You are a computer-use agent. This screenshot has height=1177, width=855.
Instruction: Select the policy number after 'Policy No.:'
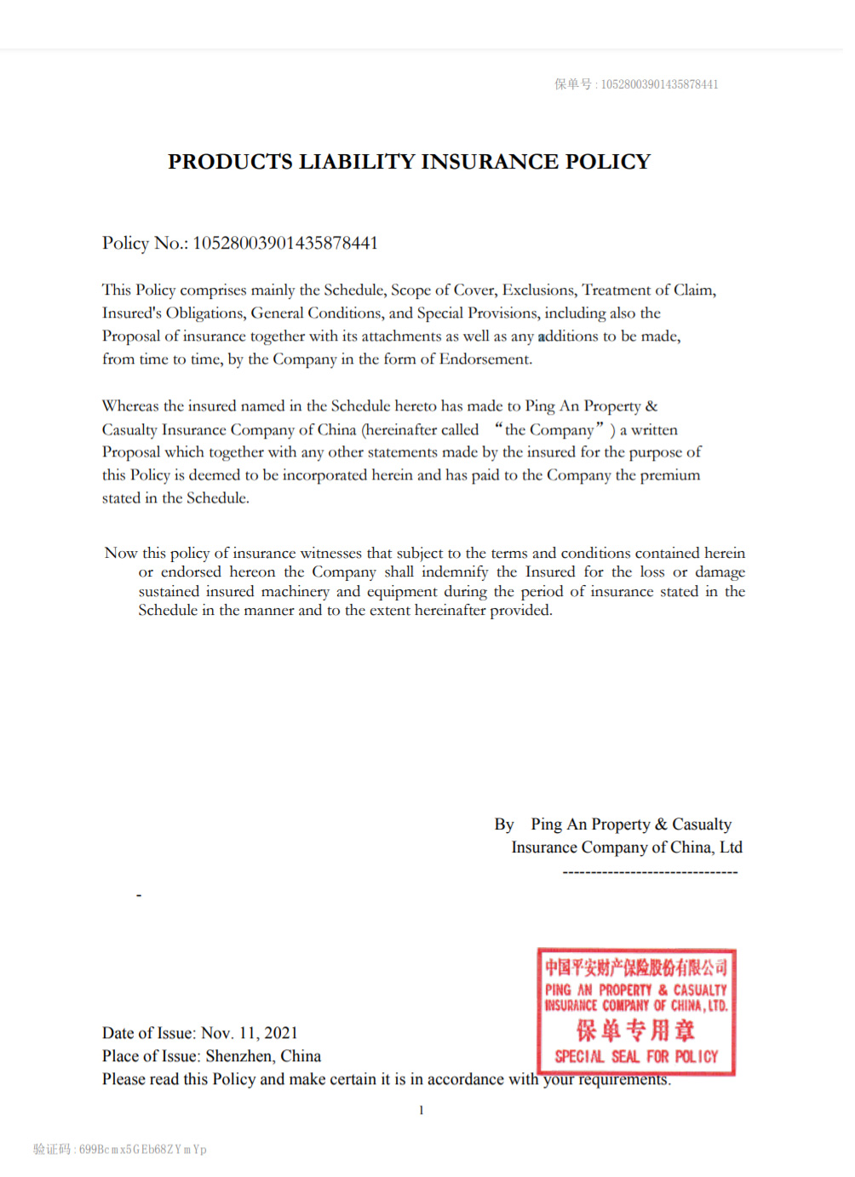(x=285, y=244)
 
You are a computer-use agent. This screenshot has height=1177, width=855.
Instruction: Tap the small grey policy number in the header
(x=659, y=84)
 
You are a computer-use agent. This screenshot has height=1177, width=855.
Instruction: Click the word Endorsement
(x=485, y=359)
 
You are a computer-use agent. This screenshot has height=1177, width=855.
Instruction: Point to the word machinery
(x=295, y=592)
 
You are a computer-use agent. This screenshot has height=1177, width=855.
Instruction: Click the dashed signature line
(x=650, y=872)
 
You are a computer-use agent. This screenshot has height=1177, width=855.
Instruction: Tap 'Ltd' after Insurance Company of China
(x=731, y=847)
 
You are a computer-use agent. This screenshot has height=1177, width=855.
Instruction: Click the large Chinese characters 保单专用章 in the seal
(x=635, y=1031)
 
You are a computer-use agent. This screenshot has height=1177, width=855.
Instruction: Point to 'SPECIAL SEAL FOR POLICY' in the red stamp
(x=636, y=1057)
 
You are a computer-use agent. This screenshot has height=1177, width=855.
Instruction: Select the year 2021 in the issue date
(x=281, y=1033)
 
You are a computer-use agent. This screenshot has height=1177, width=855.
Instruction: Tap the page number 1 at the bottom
(x=421, y=1111)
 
